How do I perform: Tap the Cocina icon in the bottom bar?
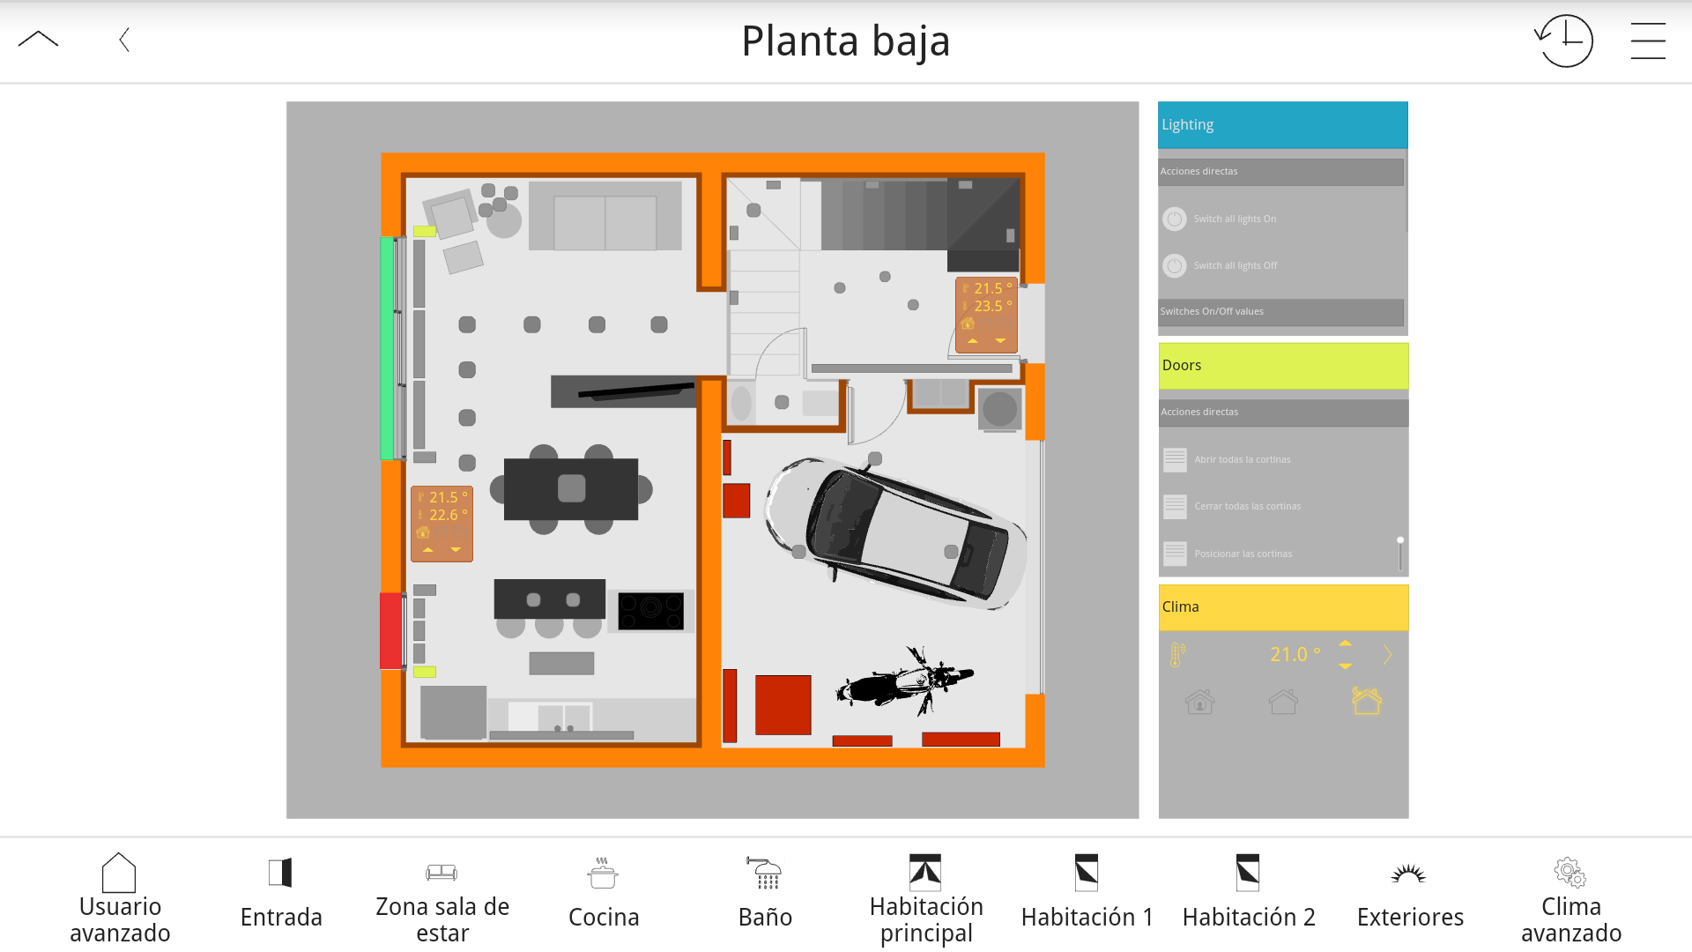(603, 873)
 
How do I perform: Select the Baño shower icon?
(764, 873)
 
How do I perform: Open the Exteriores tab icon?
(1408, 873)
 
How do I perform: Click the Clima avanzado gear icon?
(1570, 873)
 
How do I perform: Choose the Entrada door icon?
(280, 873)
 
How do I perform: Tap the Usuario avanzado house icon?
(119, 873)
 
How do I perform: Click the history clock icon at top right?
(1564, 41)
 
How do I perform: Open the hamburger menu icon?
(1648, 41)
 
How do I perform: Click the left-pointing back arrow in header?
(124, 40)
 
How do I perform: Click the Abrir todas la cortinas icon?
(1175, 459)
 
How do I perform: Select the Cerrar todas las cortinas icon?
(1175, 506)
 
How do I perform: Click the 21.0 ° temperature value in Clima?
(1295, 654)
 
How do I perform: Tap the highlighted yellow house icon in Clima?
(1367, 702)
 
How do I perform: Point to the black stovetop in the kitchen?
(650, 611)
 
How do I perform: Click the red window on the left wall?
(390, 631)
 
